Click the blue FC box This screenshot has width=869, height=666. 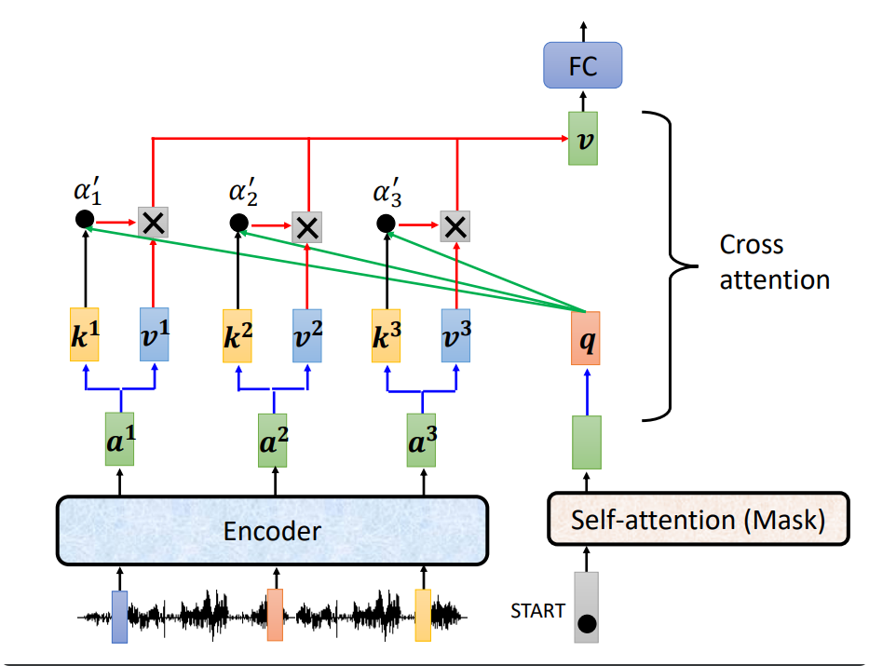click(x=582, y=65)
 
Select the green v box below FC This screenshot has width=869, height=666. click(x=583, y=139)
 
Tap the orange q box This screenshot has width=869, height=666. click(x=586, y=338)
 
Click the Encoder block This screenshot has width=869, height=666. click(x=272, y=530)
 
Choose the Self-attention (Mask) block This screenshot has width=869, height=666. click(x=699, y=519)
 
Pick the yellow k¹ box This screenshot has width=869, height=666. click(x=84, y=334)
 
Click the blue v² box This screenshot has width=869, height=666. click(x=307, y=335)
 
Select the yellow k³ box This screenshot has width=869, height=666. click(x=387, y=335)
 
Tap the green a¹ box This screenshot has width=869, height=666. click(x=120, y=440)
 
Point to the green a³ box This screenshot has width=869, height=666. click(x=421, y=440)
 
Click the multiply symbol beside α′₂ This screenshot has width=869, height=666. click(x=307, y=227)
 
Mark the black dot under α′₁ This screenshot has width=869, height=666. click(x=85, y=220)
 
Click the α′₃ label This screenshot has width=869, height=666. click(x=387, y=192)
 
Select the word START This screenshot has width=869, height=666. click(x=537, y=611)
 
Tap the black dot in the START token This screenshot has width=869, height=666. click(x=587, y=624)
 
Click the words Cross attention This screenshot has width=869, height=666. click(x=774, y=262)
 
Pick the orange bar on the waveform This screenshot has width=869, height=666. click(x=275, y=615)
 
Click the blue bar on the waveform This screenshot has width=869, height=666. click(x=120, y=617)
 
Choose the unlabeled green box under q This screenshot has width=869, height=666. click(x=587, y=442)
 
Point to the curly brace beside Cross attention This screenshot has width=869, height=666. click(x=670, y=266)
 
